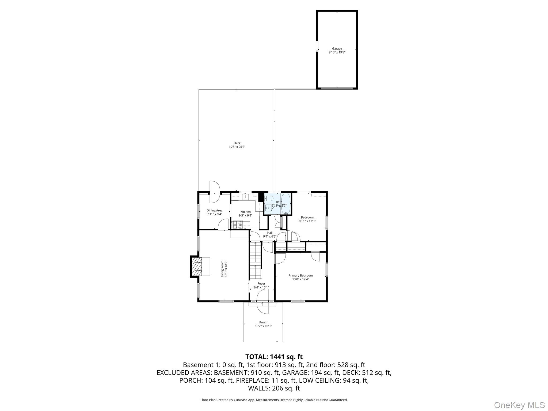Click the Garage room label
(337, 49)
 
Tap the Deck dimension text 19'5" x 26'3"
(237, 147)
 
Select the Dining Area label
(214, 210)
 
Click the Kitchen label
(245, 212)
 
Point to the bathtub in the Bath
(286, 204)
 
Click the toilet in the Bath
(269, 199)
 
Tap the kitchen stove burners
(237, 225)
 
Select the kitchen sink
(245, 197)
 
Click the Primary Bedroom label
(300, 276)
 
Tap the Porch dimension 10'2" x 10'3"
(263, 326)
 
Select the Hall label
(270, 233)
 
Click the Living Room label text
(222, 269)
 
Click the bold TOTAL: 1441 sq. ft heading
(274, 357)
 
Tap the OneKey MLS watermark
(519, 405)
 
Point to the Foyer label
(261, 284)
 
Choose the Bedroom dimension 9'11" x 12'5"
(307, 221)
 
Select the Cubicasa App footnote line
(274, 400)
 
